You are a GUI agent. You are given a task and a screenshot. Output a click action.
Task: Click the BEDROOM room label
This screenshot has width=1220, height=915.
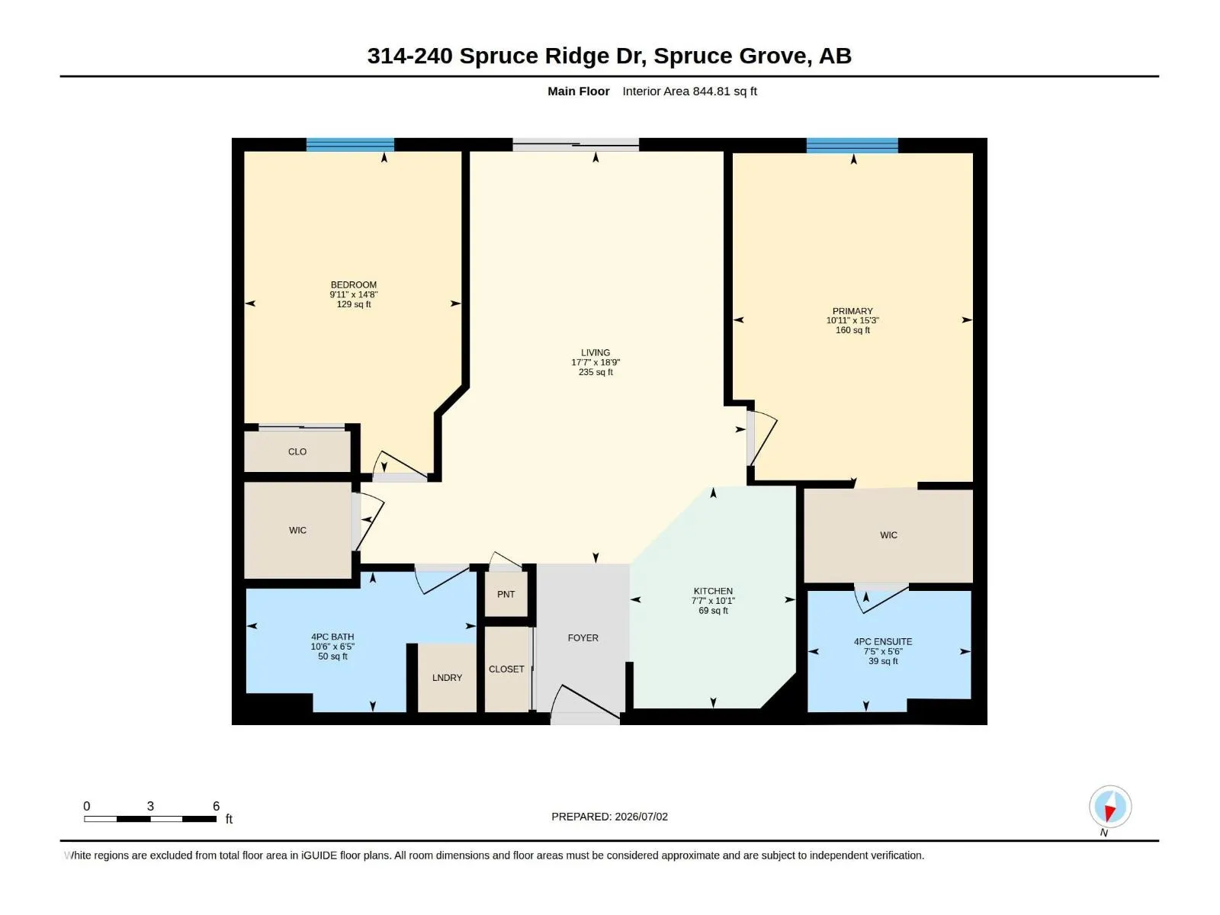click(354, 285)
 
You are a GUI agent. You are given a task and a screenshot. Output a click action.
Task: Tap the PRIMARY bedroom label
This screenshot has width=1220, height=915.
click(852, 311)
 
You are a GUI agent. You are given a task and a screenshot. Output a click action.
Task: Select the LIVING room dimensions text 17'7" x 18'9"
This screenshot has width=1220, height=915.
click(596, 362)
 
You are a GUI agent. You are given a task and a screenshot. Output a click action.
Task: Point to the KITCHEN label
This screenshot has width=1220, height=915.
click(713, 591)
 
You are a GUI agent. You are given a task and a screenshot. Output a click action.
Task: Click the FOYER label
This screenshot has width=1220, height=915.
click(583, 637)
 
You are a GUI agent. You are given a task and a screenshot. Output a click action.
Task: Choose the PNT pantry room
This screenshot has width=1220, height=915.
click(506, 595)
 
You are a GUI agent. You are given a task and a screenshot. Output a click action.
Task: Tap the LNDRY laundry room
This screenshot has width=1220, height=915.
click(447, 678)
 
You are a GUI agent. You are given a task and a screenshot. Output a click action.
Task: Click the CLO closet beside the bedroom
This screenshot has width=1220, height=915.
click(297, 451)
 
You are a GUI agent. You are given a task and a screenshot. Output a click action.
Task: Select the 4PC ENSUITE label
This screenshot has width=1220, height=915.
click(883, 642)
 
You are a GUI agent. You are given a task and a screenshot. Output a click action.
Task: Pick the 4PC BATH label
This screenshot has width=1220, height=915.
click(332, 637)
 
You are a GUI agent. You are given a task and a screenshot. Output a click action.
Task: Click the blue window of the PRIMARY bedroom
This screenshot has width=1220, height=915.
click(852, 146)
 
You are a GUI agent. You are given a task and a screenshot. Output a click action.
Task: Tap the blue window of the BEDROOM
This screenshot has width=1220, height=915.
click(350, 144)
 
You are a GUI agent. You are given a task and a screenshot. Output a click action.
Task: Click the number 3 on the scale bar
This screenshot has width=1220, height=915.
click(150, 806)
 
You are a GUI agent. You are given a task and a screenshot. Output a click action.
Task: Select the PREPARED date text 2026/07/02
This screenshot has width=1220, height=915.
click(641, 817)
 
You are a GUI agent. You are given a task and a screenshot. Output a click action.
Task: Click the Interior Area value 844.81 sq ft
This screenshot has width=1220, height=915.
click(725, 91)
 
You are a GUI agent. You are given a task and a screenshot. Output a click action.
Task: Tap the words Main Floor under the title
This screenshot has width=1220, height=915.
click(579, 91)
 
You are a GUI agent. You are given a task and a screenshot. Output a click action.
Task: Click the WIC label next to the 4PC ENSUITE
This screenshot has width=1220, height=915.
click(888, 535)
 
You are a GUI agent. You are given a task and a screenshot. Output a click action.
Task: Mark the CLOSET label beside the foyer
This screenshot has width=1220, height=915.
click(506, 669)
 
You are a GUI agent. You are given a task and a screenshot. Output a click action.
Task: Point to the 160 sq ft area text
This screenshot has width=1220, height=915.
click(852, 330)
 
